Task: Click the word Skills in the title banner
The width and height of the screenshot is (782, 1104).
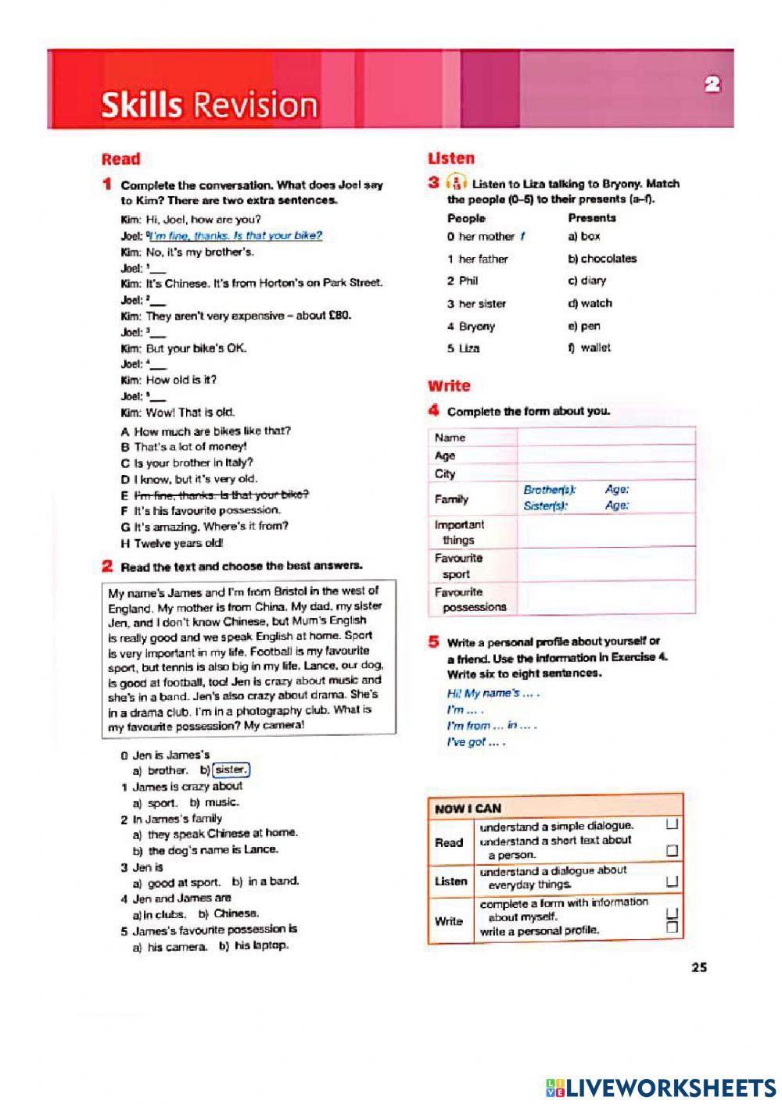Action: pos(141,105)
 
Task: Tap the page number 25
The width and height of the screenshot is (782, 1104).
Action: pos(699,967)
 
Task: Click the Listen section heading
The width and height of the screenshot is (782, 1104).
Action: pos(451,159)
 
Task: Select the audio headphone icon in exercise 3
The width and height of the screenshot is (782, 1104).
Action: pos(455,184)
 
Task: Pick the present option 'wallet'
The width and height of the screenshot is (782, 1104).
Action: pos(595,348)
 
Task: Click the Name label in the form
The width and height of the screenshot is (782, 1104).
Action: pos(450,438)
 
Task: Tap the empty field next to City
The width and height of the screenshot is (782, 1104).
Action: pos(606,473)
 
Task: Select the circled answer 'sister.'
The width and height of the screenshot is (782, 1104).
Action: pos(231,770)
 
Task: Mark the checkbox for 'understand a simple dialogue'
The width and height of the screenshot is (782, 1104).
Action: pos(671,825)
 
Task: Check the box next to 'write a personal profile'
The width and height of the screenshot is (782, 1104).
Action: pos(671,928)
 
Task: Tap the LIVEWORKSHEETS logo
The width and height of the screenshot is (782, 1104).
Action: pos(661,1088)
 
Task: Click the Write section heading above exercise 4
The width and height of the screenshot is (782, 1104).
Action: pos(449,386)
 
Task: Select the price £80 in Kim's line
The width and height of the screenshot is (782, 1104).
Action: pos(339,316)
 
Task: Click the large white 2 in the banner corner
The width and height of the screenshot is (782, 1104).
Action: pos(712,85)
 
